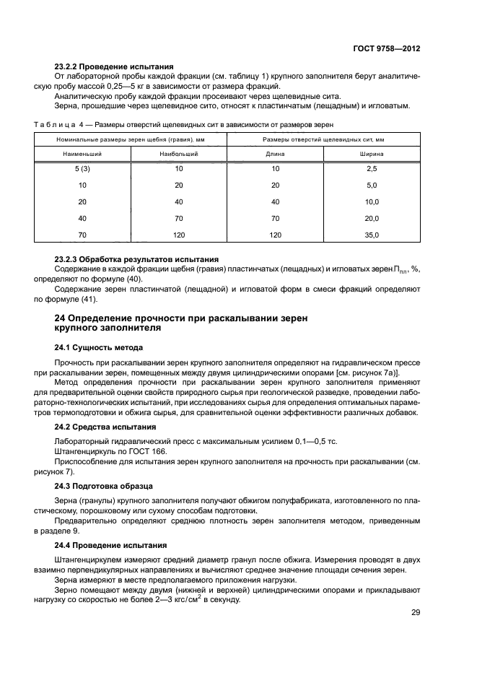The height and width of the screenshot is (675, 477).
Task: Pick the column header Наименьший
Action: tap(82, 154)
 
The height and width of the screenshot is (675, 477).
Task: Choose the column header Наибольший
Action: tap(179, 154)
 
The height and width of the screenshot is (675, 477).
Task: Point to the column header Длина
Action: tap(275, 154)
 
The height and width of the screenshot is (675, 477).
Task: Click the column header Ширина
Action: tap(372, 154)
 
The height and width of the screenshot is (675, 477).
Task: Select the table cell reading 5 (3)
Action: tap(82, 167)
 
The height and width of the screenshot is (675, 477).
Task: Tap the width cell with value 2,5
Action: tap(372, 167)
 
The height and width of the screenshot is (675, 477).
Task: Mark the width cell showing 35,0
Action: tap(372, 235)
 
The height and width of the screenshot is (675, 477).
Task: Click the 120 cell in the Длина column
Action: tap(275, 235)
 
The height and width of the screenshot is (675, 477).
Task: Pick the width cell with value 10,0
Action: tap(372, 201)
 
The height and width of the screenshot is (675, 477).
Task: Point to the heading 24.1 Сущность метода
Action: tap(96, 347)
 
